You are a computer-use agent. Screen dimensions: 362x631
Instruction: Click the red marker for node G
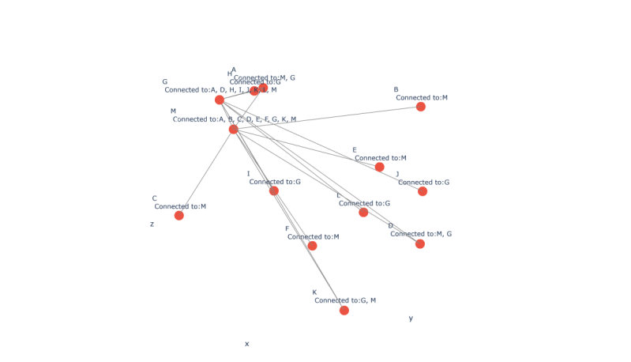(x=220, y=100)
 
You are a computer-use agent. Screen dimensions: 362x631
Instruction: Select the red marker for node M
(x=233, y=129)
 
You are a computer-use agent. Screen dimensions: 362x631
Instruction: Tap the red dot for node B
(x=421, y=107)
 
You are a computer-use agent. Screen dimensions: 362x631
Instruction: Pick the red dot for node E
(x=380, y=167)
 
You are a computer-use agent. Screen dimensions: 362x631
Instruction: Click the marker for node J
(x=423, y=191)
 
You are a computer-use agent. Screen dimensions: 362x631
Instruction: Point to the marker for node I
(x=274, y=190)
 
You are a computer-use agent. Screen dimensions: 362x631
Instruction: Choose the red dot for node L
(x=363, y=213)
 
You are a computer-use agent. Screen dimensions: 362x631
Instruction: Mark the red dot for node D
(x=420, y=243)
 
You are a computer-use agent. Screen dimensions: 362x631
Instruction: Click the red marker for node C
(x=179, y=215)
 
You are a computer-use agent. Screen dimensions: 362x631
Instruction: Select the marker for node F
(x=312, y=246)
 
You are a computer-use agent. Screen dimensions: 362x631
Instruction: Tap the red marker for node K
(x=344, y=310)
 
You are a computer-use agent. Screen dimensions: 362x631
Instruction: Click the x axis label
(x=246, y=344)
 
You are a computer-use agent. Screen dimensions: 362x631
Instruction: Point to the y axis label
(x=411, y=319)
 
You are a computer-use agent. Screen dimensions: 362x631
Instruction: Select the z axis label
(x=152, y=224)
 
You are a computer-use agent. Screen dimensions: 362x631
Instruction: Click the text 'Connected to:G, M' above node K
(x=345, y=300)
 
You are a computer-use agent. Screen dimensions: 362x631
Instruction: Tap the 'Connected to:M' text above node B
(x=422, y=98)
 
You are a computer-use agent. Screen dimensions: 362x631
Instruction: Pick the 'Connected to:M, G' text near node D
(x=421, y=234)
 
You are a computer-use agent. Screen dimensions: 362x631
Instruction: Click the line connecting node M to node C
(x=206, y=172)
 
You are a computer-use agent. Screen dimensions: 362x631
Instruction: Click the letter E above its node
(x=355, y=150)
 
